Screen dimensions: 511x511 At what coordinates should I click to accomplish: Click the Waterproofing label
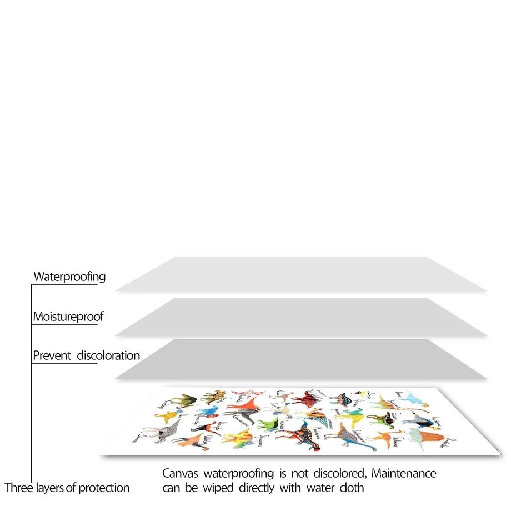tap(69, 277)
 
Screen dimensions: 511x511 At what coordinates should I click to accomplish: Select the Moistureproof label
tap(68, 317)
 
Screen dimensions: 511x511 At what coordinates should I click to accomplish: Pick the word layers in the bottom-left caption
tap(51, 488)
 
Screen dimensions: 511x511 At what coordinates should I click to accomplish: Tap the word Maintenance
tap(404, 474)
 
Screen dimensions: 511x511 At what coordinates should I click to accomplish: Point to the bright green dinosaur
tap(267, 424)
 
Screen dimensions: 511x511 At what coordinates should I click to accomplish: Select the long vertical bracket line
tap(32, 383)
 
